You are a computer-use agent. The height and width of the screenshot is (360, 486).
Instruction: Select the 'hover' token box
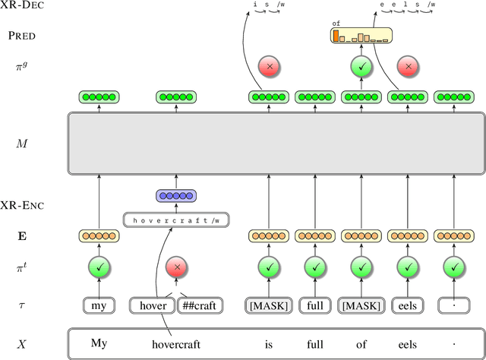(x=154, y=306)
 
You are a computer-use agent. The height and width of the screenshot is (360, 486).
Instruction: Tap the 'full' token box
(x=315, y=306)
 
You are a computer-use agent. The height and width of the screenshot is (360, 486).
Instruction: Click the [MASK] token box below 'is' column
(x=269, y=306)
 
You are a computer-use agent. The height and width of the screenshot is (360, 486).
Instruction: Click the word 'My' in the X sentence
(x=99, y=343)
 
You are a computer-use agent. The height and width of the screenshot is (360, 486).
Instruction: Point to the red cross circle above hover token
(x=176, y=268)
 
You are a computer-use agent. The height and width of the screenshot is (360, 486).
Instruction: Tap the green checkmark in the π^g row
(x=362, y=67)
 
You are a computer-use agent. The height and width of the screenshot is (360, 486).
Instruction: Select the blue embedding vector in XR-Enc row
(x=176, y=196)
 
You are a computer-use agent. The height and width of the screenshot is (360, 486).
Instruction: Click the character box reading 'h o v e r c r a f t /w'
(x=176, y=220)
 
